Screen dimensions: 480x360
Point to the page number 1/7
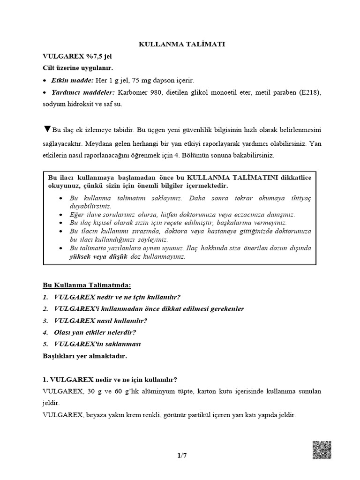click(180, 455)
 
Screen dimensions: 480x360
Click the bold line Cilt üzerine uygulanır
click(79, 68)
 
